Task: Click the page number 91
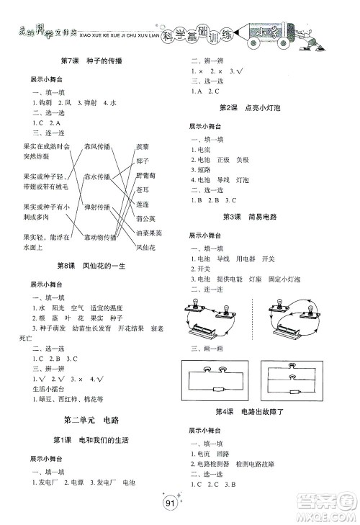pyautogui.click(x=170, y=503)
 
